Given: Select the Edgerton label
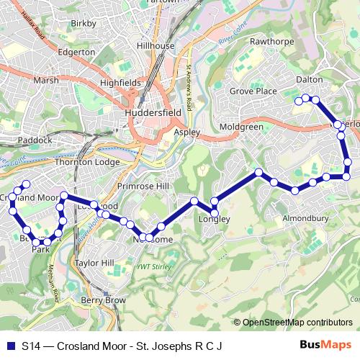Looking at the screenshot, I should (x=76, y=52).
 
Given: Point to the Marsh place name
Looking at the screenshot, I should (x=45, y=80).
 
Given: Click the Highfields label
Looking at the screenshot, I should (x=120, y=83).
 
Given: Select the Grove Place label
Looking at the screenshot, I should (x=253, y=91).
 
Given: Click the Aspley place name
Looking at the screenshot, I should (x=186, y=133).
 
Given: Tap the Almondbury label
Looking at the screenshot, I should (x=305, y=217).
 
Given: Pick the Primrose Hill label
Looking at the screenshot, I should (x=165, y=186).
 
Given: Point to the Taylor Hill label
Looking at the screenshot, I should (x=94, y=264).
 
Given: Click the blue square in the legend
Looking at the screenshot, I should (x=9, y=346).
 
